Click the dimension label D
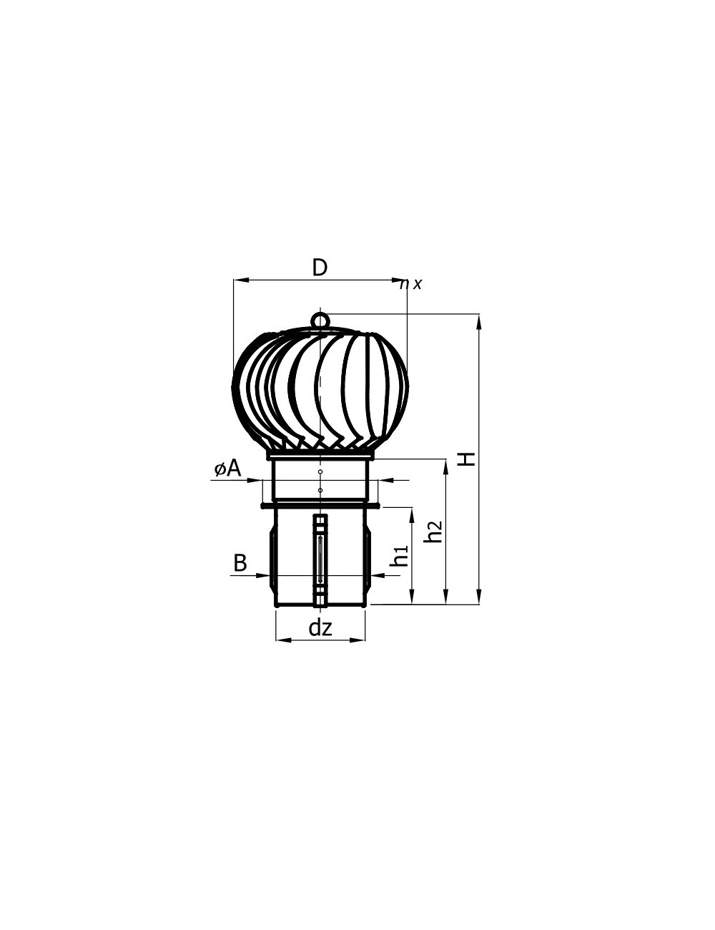(x=320, y=268)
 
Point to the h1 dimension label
(x=400, y=556)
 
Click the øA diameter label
(x=227, y=469)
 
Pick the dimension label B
(x=240, y=563)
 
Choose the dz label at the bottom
(x=320, y=628)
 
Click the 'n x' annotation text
(x=410, y=284)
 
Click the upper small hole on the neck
(x=320, y=471)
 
